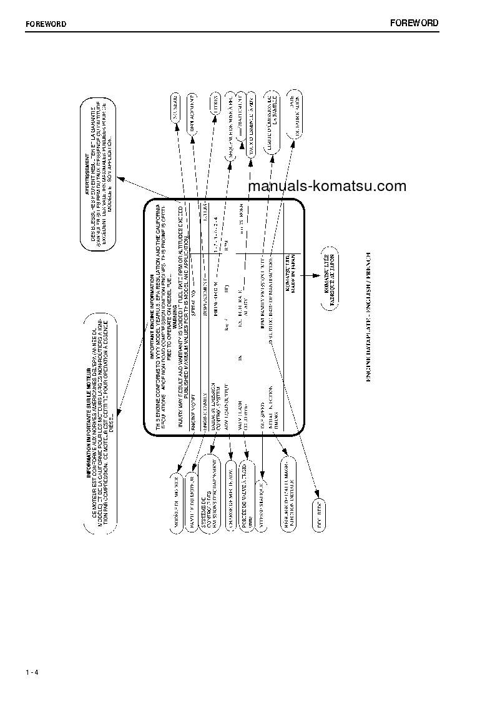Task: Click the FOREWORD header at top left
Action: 46,24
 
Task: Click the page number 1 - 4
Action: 32,672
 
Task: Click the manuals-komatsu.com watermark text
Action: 327,185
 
